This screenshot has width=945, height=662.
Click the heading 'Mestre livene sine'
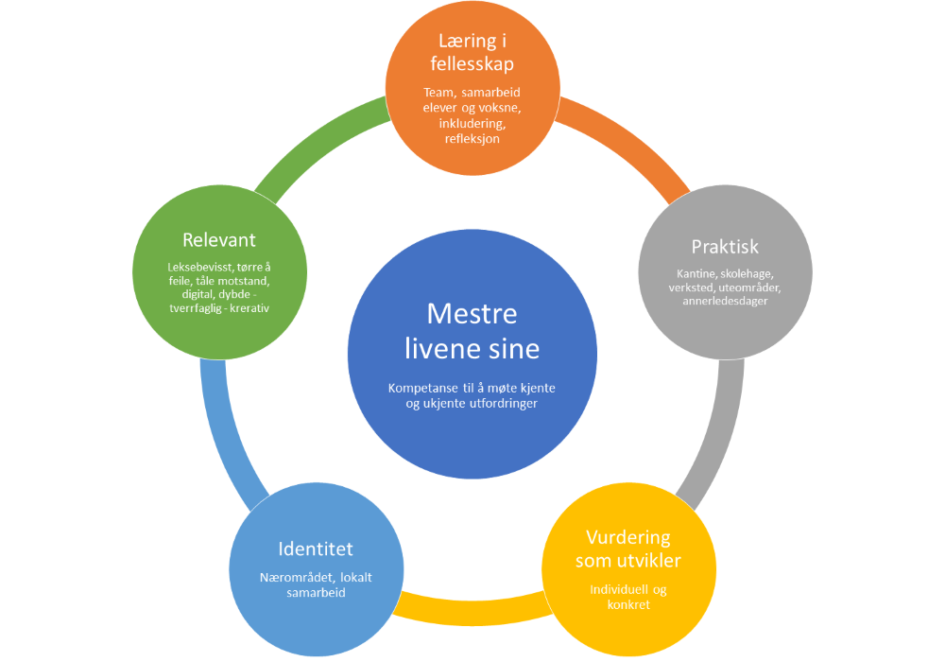coord(472,331)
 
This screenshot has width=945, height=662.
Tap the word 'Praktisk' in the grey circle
coord(725,247)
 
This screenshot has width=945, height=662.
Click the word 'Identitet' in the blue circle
coord(316,549)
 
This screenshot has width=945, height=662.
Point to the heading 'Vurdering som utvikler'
coord(627,549)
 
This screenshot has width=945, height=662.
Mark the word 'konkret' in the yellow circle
coord(628,604)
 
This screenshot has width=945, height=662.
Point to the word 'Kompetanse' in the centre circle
coord(422,388)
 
